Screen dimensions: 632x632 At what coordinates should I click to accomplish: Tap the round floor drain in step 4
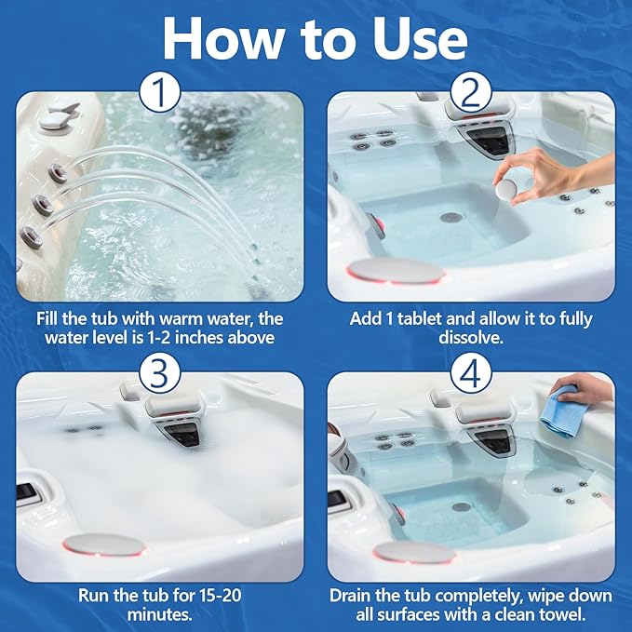tap(462, 507)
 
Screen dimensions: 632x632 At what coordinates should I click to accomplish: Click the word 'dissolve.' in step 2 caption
tap(471, 338)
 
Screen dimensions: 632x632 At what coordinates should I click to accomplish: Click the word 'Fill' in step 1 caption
tap(51, 318)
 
